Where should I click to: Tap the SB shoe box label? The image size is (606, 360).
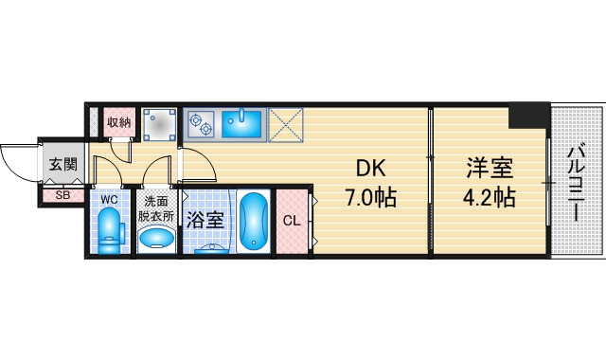coord(62,196)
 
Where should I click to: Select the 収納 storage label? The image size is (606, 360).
coord(118,121)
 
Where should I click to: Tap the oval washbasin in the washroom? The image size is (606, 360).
coord(156,238)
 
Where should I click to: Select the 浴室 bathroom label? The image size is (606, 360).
coord(205,221)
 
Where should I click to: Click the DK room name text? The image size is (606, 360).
coord(370,169)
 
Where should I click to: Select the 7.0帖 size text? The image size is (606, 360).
coord(370,199)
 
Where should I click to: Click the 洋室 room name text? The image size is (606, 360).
coord(489,169)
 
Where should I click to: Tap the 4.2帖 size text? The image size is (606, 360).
coord(489,199)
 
